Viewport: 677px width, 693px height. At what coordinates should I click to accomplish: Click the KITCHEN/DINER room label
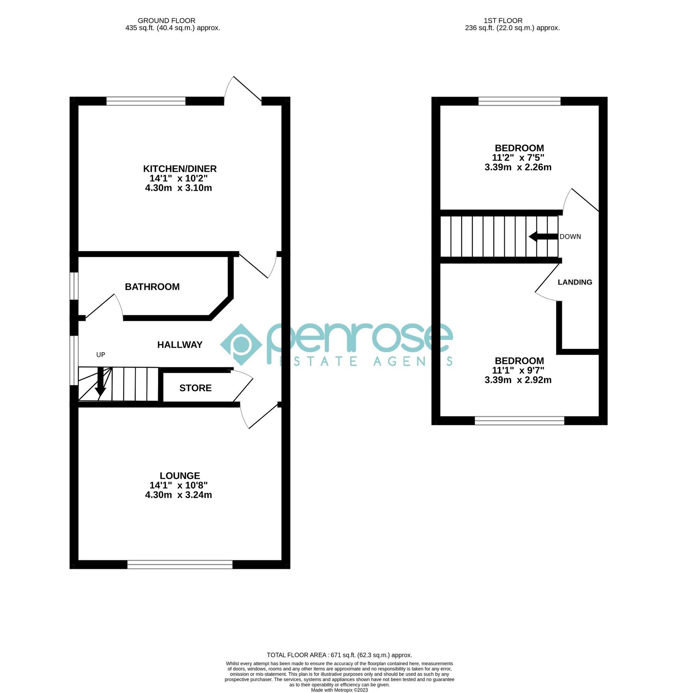(x=180, y=169)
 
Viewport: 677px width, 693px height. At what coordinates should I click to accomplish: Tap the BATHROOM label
(x=152, y=287)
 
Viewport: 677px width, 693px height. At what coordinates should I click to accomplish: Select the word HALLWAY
(x=180, y=345)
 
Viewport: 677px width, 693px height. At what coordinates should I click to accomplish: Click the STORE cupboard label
(x=195, y=388)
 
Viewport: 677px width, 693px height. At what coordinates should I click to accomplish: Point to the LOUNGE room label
(x=180, y=476)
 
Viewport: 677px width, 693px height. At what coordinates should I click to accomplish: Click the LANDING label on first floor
(x=575, y=282)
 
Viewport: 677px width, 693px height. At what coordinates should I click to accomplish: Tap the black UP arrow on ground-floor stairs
(x=100, y=383)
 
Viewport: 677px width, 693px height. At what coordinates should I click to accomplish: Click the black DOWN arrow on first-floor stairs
(x=543, y=237)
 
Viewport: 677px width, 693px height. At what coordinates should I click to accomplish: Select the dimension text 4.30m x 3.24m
(x=178, y=495)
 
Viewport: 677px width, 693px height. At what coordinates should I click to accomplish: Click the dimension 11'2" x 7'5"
(x=518, y=158)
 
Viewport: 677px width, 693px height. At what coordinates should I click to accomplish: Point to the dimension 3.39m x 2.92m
(x=518, y=380)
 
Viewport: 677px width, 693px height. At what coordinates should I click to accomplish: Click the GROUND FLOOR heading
(x=166, y=21)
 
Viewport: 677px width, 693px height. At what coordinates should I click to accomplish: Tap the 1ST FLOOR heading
(x=503, y=21)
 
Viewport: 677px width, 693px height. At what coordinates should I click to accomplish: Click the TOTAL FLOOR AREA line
(x=339, y=655)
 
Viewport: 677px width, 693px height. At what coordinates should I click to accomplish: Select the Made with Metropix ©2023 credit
(x=339, y=690)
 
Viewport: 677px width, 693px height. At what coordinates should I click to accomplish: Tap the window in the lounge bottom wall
(x=180, y=564)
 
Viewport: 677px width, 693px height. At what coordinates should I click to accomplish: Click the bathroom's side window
(x=74, y=286)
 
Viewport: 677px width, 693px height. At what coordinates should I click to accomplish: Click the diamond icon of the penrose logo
(x=241, y=345)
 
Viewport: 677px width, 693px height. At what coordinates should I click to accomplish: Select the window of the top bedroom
(x=519, y=101)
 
